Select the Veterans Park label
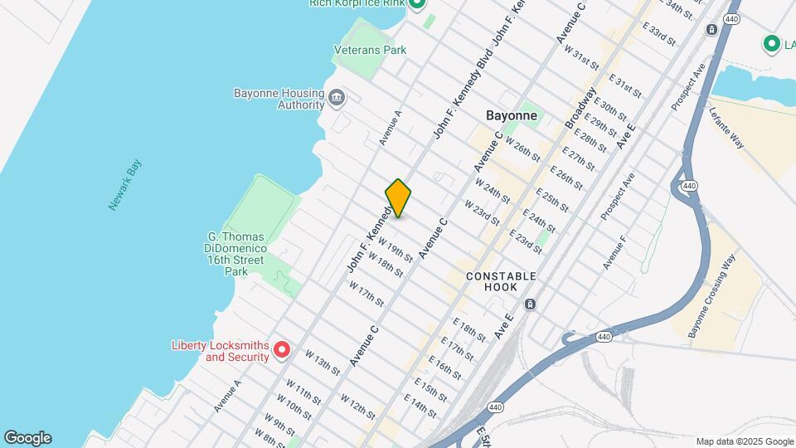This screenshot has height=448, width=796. (x=370, y=50)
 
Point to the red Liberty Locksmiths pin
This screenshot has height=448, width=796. (x=282, y=350)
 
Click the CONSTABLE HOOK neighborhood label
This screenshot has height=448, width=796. (x=501, y=281)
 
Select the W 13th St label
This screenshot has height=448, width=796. (x=322, y=363)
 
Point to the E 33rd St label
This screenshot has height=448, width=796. (x=659, y=34)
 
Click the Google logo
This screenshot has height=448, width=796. (x=27, y=438)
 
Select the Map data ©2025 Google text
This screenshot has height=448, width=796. (x=745, y=441)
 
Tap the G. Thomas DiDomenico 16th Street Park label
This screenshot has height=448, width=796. (x=236, y=254)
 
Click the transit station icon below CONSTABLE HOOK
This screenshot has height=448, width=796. (x=530, y=304)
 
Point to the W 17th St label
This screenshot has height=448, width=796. (x=366, y=294)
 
